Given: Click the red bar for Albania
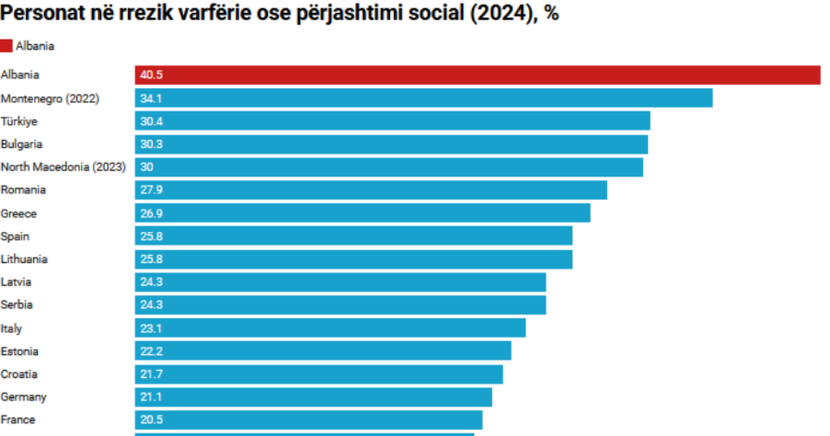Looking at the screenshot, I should (477, 75).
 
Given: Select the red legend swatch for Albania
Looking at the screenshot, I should (7, 46).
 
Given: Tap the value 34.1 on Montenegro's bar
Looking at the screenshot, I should (151, 98).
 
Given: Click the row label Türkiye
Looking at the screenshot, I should (19, 121).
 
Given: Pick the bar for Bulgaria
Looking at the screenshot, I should (391, 144).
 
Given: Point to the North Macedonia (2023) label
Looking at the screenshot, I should (63, 167).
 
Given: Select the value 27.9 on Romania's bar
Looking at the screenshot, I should (151, 190).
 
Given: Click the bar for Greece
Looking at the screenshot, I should (362, 213).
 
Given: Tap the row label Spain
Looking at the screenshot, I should (15, 236).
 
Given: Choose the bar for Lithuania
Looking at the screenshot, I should (353, 259).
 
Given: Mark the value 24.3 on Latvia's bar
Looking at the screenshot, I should (151, 282).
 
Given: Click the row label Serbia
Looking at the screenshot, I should (17, 305).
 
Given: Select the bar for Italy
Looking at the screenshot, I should (330, 328).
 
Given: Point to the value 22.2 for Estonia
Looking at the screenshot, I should (151, 351).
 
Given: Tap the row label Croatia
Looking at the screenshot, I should (19, 374).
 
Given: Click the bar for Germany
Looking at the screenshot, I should (313, 397).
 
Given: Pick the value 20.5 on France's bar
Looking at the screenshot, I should (151, 419).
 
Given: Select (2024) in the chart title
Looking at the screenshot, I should (494, 15).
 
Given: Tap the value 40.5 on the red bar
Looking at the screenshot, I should (151, 75).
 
